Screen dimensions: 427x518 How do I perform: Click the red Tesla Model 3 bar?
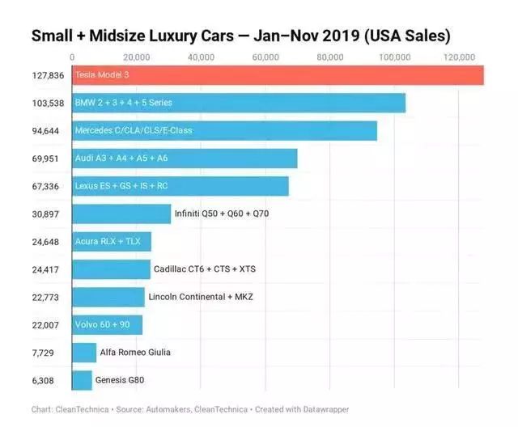point(278,75)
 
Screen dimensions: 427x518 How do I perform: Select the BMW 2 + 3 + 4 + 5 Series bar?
point(239,103)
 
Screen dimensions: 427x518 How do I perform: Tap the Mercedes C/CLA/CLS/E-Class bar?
point(224,130)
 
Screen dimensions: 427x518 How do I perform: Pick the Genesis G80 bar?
point(82,380)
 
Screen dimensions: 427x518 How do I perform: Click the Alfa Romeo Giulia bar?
point(84,353)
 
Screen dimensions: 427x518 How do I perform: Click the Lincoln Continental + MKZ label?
point(201,297)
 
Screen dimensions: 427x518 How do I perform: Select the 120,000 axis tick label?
point(460,57)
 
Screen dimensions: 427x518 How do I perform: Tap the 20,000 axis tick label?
point(137,57)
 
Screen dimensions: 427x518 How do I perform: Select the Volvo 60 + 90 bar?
point(107,324)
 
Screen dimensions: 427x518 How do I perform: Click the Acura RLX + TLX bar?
point(112,241)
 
